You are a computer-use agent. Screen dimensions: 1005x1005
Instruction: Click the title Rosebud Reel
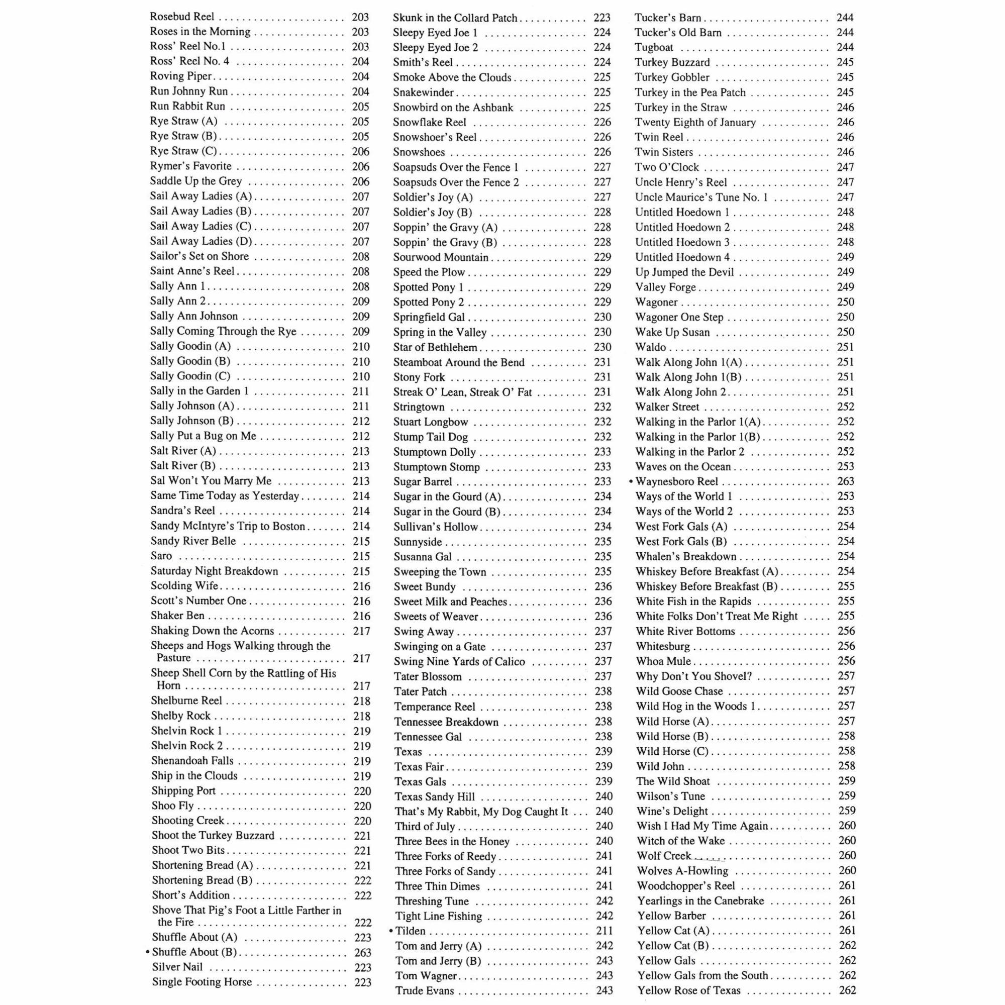(181, 17)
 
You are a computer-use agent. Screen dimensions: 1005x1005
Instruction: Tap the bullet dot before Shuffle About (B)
(148, 952)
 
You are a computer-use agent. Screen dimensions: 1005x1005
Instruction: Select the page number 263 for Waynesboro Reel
(845, 481)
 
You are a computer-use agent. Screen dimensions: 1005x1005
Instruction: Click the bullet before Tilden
(391, 931)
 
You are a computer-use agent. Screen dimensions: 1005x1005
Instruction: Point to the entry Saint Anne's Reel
(192, 271)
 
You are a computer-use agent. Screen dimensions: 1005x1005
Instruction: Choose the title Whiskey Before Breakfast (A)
(707, 571)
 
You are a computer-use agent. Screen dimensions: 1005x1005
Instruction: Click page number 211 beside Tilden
(604, 931)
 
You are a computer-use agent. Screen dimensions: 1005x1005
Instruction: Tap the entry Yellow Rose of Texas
(689, 990)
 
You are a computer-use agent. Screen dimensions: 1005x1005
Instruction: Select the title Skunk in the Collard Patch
(455, 18)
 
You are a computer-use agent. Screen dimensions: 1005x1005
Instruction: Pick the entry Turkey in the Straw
(681, 108)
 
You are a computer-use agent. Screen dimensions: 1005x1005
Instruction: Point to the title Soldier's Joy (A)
(433, 197)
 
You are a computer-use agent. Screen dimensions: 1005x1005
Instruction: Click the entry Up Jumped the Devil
(684, 272)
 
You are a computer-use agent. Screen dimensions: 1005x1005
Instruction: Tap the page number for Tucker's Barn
(845, 17)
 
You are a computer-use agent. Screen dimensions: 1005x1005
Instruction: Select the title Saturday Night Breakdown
(215, 571)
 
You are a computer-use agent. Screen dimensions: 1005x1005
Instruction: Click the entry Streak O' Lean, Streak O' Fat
(462, 392)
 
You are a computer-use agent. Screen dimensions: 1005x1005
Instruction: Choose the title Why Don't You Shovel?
(694, 676)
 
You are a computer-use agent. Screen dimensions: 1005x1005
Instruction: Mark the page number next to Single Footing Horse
(363, 982)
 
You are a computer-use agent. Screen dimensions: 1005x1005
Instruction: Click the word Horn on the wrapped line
(168, 685)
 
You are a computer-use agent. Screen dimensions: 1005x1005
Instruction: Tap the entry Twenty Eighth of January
(695, 122)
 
